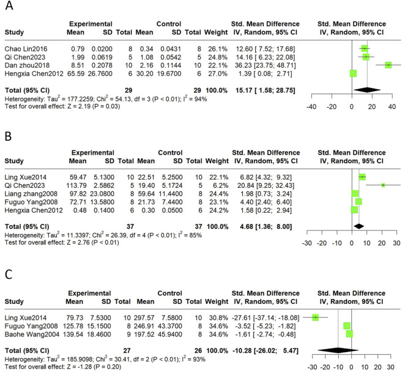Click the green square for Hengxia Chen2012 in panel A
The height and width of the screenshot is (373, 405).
click(x=353, y=73)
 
